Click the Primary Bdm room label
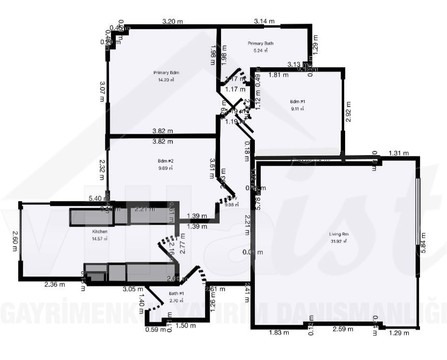pyautogui.click(x=163, y=72)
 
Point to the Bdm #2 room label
pyautogui.click(x=165, y=161)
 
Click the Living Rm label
pyautogui.click(x=339, y=234)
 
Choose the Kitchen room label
pyautogui.click(x=99, y=232)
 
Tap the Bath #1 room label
pyautogui.click(x=176, y=293)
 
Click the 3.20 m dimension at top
pyautogui.click(x=172, y=21)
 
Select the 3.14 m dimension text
pyautogui.click(x=264, y=21)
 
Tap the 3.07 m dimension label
pyautogui.click(x=102, y=91)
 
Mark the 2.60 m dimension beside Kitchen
pyautogui.click(x=14, y=240)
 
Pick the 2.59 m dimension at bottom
pyautogui.click(x=343, y=329)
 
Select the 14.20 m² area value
pyautogui.click(x=163, y=80)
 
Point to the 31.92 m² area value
pyautogui.click(x=339, y=241)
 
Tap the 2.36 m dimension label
pyautogui.click(x=55, y=284)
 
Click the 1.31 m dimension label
pyautogui.click(x=398, y=153)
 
